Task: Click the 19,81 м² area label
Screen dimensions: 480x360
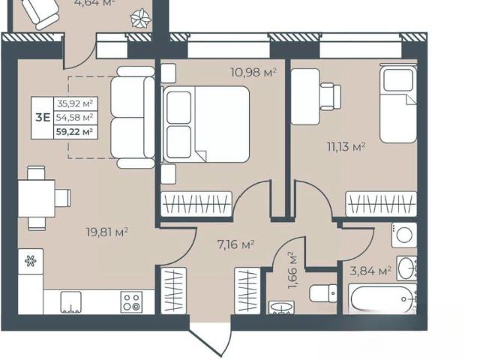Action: pyautogui.click(x=106, y=232)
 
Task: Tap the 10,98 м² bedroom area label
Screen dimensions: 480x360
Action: pyautogui.click(x=253, y=73)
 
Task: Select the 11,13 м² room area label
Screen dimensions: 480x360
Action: pyautogui.click(x=346, y=147)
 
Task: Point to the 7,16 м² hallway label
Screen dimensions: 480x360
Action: pyautogui.click(x=235, y=244)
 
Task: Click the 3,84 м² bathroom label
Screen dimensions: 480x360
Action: pyautogui.click(x=370, y=271)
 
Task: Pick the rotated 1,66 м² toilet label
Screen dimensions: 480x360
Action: pyautogui.click(x=293, y=271)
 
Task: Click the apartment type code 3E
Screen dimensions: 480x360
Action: pyautogui.click(x=43, y=118)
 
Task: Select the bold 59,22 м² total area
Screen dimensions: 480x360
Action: pyautogui.click(x=74, y=132)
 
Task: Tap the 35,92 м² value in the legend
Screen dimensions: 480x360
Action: pyautogui.click(x=75, y=103)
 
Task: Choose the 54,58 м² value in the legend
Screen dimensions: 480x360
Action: pyautogui.click(x=75, y=117)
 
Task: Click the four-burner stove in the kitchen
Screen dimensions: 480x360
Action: pyautogui.click(x=132, y=301)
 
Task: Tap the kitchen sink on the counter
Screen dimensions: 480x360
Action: pyautogui.click(x=71, y=302)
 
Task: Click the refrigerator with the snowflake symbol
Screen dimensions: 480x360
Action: pyautogui.click(x=30, y=261)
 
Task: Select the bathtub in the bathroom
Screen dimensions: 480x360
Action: pyautogui.click(x=382, y=298)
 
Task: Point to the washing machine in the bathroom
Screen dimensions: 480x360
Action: pyautogui.click(x=404, y=235)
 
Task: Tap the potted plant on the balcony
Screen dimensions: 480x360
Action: pyautogui.click(x=141, y=19)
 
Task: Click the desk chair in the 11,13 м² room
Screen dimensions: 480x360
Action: pyautogui.click(x=330, y=97)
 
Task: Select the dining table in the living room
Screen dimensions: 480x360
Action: pyautogui.click(x=37, y=198)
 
